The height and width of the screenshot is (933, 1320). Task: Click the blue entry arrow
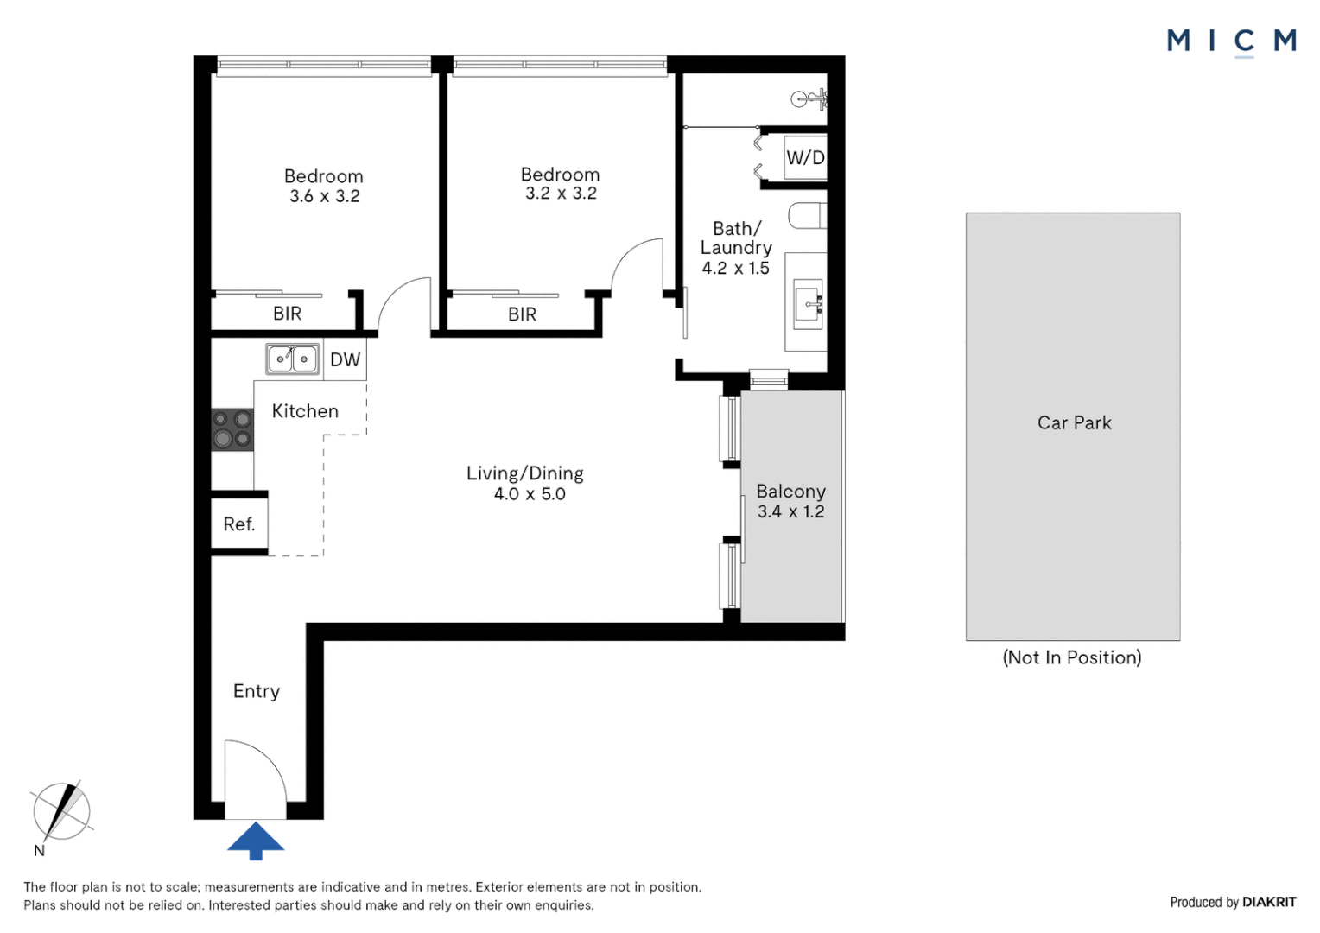256,841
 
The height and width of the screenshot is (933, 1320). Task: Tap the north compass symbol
61,811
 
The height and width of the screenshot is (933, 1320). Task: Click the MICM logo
1232,41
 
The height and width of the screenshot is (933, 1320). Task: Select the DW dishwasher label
345,359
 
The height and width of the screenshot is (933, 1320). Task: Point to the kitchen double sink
292,359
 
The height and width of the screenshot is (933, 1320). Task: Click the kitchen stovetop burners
232,429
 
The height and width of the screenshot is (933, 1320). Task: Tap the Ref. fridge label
239,524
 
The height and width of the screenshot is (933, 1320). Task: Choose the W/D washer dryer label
805,157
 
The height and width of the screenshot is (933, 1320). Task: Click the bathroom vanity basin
808,304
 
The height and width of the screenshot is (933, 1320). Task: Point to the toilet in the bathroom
808,215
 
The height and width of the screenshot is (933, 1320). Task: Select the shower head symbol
809,99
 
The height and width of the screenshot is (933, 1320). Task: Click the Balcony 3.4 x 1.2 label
790,501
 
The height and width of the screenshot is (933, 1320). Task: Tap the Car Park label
1075,422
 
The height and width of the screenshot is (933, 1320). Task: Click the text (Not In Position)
1072,657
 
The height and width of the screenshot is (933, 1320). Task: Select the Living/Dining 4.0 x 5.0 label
525,483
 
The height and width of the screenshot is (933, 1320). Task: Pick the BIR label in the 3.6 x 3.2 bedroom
287,313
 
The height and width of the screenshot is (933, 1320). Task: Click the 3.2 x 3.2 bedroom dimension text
561,194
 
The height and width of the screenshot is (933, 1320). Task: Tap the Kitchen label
305,411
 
